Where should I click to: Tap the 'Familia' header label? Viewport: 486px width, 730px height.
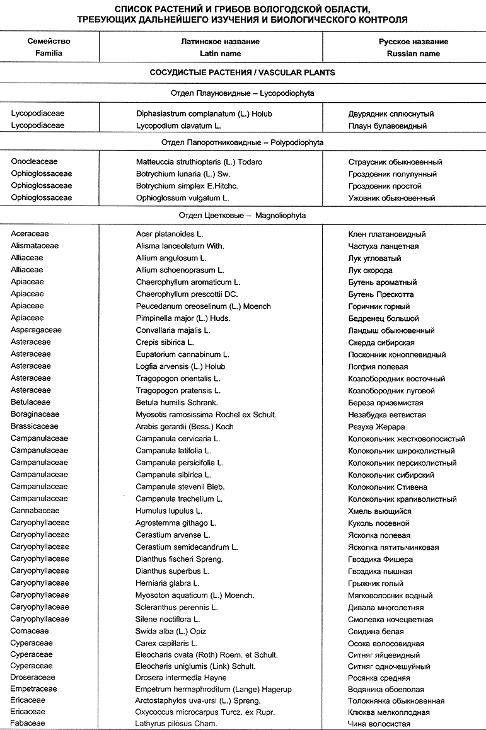49,54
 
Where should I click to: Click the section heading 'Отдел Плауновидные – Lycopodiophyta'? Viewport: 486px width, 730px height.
242,93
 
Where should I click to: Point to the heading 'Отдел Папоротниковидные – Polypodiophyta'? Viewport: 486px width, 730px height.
242,142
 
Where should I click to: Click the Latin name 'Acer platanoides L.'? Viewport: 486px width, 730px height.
170,234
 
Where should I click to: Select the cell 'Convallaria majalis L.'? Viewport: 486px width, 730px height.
173,330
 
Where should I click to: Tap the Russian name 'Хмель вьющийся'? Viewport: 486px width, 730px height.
379,511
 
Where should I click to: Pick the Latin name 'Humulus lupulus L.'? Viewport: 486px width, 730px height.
169,511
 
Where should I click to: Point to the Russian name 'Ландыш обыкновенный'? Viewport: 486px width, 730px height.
391,330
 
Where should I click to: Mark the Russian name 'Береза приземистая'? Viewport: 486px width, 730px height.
385,403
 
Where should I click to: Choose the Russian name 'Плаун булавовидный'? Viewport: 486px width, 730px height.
388,126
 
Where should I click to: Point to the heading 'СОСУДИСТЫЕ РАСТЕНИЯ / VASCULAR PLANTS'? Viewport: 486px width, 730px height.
242,72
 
